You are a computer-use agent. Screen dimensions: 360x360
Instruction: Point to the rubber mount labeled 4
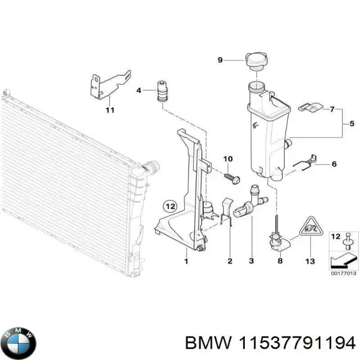point(161,91)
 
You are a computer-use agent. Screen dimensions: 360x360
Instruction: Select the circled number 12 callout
point(170,206)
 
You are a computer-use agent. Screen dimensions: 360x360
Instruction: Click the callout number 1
point(186,261)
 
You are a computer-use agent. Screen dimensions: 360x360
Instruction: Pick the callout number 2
point(229,261)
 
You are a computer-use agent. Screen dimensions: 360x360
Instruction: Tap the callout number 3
point(251,261)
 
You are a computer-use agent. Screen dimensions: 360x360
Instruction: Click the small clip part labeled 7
point(308,108)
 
